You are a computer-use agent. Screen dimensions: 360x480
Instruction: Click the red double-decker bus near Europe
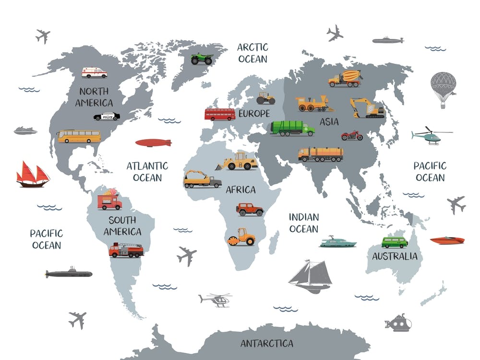pyautogui.click(x=220, y=114)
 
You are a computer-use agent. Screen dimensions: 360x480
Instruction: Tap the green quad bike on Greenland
pyautogui.click(x=202, y=59)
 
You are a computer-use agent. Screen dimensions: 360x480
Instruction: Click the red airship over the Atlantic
pyautogui.click(x=153, y=143)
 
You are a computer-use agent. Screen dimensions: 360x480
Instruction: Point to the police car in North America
pyautogui.click(x=107, y=116)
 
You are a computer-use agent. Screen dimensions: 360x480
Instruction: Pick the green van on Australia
pyautogui.click(x=395, y=242)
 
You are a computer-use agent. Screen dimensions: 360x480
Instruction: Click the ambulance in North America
pyautogui.click(x=94, y=72)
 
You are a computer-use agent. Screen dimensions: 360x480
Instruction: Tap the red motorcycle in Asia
pyautogui.click(x=352, y=135)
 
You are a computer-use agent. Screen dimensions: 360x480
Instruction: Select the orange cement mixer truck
pyautogui.click(x=345, y=78)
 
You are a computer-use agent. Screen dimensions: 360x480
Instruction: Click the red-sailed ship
pyautogui.click(x=33, y=175)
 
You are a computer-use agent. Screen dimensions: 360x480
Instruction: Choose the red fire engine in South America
pyautogui.click(x=126, y=250)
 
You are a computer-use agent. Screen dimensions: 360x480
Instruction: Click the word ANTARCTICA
pyautogui.click(x=266, y=344)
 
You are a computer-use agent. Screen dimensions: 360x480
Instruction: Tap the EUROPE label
pyautogui.click(x=254, y=114)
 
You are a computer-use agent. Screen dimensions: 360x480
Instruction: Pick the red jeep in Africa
pyautogui.click(x=250, y=209)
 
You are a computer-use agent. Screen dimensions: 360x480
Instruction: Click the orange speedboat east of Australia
pyautogui.click(x=447, y=240)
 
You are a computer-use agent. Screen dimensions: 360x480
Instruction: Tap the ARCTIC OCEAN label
pyautogui.click(x=252, y=53)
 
